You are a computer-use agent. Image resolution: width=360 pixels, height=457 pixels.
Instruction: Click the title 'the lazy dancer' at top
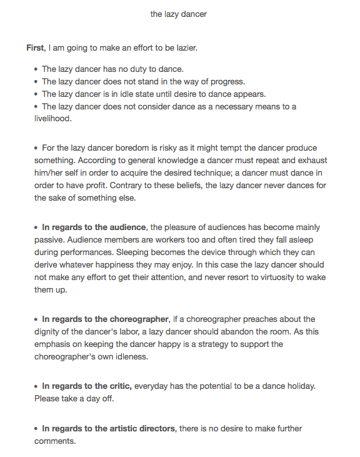click(179, 14)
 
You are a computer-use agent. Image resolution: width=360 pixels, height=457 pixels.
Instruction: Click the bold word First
click(36, 48)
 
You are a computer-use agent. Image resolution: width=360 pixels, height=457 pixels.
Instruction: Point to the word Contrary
click(138, 185)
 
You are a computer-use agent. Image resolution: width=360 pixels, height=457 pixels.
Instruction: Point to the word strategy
click(211, 344)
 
